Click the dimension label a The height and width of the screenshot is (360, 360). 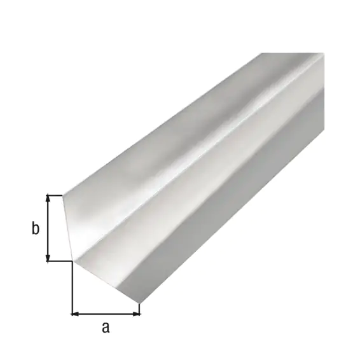106,328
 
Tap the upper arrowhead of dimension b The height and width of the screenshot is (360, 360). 48,199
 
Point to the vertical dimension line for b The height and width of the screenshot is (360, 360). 48,228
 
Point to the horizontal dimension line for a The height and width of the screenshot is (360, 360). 106,313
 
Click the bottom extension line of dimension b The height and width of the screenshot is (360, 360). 59,261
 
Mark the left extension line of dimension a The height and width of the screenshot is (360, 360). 72,289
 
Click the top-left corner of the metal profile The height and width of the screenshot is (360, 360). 62,195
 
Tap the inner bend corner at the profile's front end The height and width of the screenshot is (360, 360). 76,260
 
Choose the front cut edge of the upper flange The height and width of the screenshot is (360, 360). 69,228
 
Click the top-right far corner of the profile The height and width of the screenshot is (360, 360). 323,53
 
